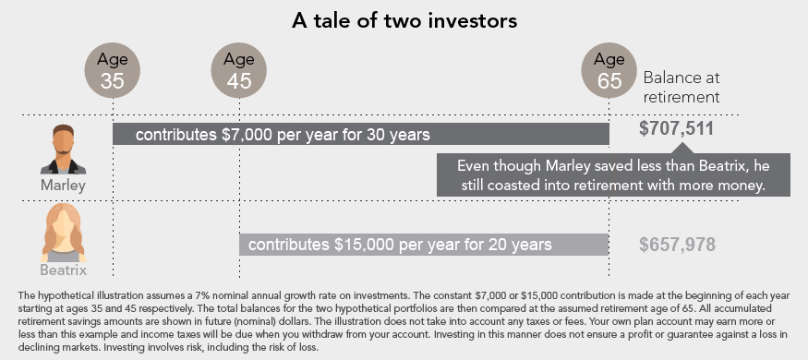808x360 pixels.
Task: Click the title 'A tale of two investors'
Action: (x=404, y=21)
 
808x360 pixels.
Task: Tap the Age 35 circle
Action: (x=113, y=70)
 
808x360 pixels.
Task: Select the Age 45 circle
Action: (x=239, y=70)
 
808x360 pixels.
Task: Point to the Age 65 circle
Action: (x=609, y=70)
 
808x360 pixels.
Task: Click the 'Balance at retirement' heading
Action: (x=681, y=87)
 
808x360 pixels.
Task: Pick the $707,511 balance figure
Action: (x=677, y=128)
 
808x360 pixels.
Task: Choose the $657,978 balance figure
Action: (x=677, y=245)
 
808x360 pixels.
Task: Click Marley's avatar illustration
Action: (x=63, y=150)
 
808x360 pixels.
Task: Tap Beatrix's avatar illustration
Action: (x=63, y=233)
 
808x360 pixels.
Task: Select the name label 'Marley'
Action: (x=63, y=185)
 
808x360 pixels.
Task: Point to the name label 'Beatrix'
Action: (x=63, y=270)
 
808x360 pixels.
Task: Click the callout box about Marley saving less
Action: (x=613, y=174)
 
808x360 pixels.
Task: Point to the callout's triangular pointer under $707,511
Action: (x=681, y=148)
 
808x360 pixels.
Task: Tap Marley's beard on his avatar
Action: (x=63, y=150)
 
